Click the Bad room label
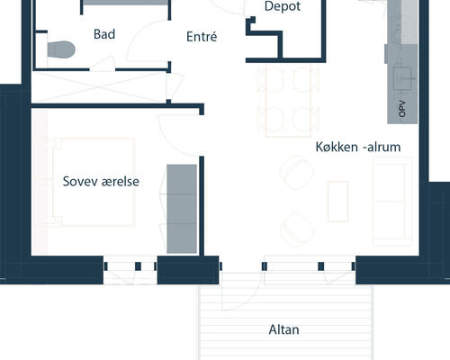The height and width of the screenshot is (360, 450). click(104, 34)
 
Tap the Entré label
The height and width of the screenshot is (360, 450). click(202, 37)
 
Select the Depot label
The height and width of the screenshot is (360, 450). click(283, 6)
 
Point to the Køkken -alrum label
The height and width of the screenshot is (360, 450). click(358, 147)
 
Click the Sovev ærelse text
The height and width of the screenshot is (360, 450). click(101, 182)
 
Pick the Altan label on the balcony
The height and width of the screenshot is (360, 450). click(283, 329)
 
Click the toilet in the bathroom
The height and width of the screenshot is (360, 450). click(61, 49)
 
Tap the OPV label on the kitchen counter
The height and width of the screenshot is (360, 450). click(402, 109)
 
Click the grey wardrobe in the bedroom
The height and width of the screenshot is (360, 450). click(182, 209)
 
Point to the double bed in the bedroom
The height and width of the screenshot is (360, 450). click(94, 182)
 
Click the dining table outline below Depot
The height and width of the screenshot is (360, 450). click(288, 101)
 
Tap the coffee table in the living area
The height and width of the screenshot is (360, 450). click(337, 202)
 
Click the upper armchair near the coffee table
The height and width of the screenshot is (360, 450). click(297, 173)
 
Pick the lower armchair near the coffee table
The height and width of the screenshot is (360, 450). click(297, 229)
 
